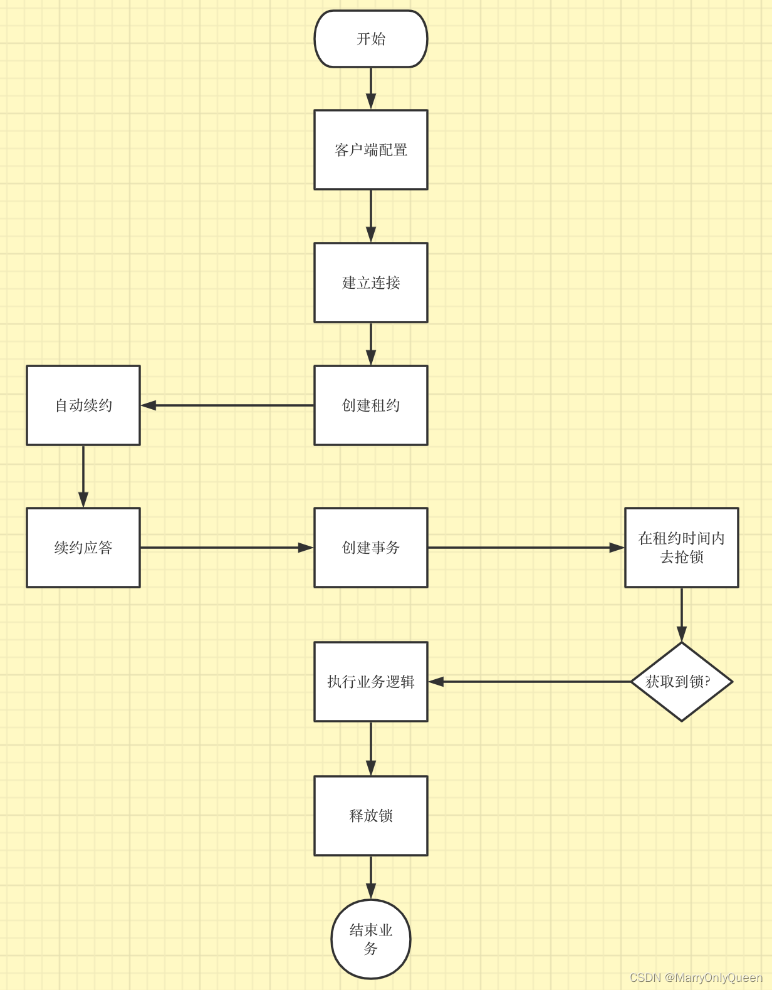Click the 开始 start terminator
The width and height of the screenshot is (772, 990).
pos(370,39)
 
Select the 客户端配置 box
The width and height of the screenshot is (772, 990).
pos(370,150)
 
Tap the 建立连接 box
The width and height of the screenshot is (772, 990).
pos(370,283)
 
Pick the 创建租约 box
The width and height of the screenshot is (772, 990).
pos(370,405)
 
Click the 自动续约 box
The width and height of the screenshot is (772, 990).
pos(83,405)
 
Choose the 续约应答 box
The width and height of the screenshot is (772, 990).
pos(83,548)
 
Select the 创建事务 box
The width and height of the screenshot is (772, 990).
pos(370,548)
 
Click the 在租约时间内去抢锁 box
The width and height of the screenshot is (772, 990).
pos(681,548)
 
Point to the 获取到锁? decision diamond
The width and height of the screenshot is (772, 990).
pos(681,682)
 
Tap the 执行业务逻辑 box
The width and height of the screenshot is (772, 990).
pos(370,682)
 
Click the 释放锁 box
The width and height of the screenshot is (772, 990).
pos(370,816)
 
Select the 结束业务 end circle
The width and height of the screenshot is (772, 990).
pos(370,939)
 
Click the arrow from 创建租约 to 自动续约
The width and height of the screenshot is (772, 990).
pos(227,405)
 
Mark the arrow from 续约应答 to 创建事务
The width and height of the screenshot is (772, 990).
pos(227,548)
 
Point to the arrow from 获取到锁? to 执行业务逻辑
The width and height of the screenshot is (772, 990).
pos(529,682)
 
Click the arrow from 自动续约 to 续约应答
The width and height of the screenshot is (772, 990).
pos(83,476)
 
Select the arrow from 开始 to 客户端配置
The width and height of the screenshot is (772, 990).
pos(370,88)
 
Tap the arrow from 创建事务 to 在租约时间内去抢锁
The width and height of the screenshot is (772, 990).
pos(526,548)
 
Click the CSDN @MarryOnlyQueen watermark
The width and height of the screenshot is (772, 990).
pos(696,977)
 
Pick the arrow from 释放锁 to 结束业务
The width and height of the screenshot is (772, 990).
pos(370,877)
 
